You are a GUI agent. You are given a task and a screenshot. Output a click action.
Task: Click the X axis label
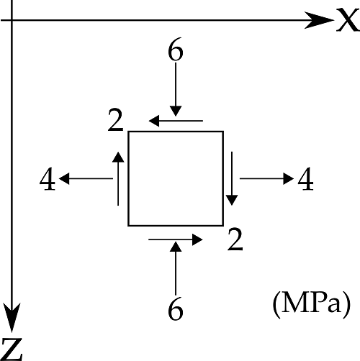(x=348, y=19)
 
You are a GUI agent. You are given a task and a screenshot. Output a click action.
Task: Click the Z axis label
(x=12, y=349)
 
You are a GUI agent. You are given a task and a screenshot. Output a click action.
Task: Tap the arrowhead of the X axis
(x=319, y=20)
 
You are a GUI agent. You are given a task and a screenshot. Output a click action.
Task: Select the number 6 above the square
(x=176, y=49)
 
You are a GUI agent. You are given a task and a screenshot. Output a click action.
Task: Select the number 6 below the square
(x=176, y=309)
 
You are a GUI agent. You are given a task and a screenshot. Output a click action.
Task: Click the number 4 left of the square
(x=48, y=179)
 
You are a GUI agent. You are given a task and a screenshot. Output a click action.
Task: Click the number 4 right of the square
(x=306, y=179)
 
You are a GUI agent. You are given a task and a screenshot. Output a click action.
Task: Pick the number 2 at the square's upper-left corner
(x=116, y=119)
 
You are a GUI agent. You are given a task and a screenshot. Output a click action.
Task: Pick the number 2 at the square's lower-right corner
(x=235, y=239)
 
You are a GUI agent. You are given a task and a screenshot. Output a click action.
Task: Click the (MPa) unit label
(x=312, y=304)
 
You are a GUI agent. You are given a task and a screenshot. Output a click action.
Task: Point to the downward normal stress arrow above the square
(x=176, y=89)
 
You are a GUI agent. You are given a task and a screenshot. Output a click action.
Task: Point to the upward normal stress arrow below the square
(x=176, y=268)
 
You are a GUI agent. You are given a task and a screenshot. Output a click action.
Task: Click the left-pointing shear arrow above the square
(x=176, y=121)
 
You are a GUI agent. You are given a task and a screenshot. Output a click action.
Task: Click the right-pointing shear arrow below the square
(x=176, y=239)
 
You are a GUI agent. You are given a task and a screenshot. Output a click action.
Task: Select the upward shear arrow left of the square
(x=118, y=178)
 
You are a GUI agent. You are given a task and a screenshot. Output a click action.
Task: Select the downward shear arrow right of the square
(x=232, y=178)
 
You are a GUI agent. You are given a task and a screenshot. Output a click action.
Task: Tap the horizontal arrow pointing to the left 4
(x=86, y=178)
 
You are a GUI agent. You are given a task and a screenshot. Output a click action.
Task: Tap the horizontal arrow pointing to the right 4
(x=266, y=178)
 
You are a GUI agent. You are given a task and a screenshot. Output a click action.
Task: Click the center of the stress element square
(x=176, y=178)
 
